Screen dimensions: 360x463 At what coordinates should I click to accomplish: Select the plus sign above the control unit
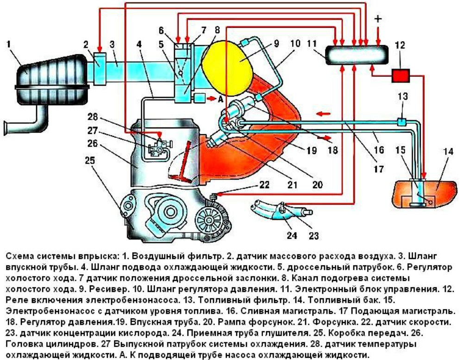tap(378, 19)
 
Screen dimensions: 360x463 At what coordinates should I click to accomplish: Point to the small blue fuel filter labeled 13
tap(401, 122)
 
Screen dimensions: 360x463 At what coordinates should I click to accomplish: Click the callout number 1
tap(9, 44)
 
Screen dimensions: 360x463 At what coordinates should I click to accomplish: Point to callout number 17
tap(378, 170)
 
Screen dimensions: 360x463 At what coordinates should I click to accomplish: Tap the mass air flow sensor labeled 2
tap(100, 61)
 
